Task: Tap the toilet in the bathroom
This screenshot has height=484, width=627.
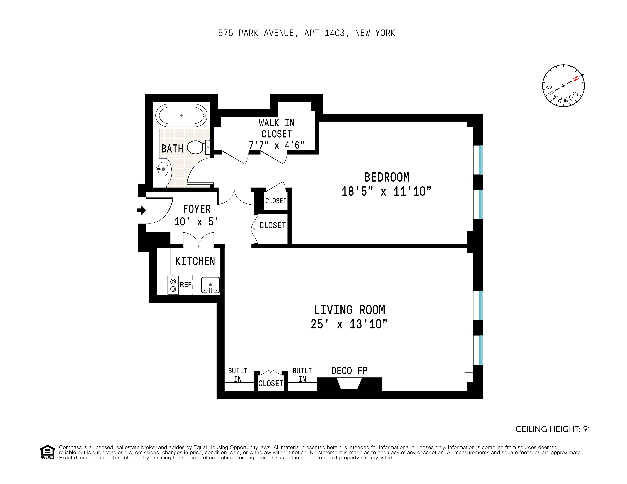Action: pos(198,147)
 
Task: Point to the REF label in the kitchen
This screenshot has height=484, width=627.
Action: pos(185,285)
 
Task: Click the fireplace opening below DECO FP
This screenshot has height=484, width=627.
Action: pos(349,384)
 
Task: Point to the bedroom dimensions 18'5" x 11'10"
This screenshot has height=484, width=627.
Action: pos(386,191)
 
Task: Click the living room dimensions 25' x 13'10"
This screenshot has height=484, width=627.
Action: pos(349,324)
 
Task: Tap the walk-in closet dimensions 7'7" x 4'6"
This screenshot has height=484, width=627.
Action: pos(277,145)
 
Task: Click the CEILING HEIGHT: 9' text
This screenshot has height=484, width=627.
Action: pos(552,429)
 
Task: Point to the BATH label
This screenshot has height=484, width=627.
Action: pos(172,149)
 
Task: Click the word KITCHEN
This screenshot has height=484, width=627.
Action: pos(195,261)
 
